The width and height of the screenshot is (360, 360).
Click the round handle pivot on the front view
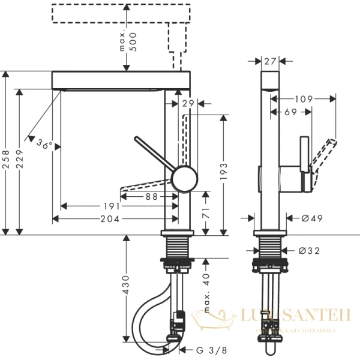click(x=184, y=179)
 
